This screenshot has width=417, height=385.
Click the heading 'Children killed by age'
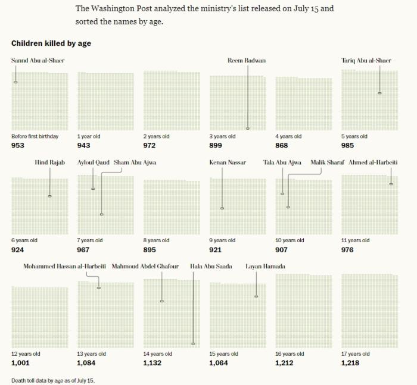point(51,44)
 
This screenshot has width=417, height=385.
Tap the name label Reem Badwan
point(247,61)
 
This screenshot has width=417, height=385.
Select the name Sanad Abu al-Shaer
point(38,61)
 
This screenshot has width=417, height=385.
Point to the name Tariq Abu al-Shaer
point(366,61)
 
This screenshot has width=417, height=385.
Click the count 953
point(18,146)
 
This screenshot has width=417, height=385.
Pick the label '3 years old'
point(222,136)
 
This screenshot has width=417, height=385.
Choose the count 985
point(347,146)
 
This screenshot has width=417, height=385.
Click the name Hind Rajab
point(50,162)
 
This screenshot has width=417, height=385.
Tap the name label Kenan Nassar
point(228,162)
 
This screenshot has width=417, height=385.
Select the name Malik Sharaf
point(327,162)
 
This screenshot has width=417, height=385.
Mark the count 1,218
point(350,363)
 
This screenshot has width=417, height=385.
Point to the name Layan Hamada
point(265,267)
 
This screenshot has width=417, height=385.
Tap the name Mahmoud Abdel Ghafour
point(145,267)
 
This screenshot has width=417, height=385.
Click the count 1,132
point(153,363)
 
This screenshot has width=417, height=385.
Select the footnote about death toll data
point(53,380)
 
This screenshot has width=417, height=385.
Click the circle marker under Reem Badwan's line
point(248,129)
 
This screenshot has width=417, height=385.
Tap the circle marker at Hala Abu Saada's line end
point(193,343)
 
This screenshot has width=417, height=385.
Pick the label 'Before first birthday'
point(35,136)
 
